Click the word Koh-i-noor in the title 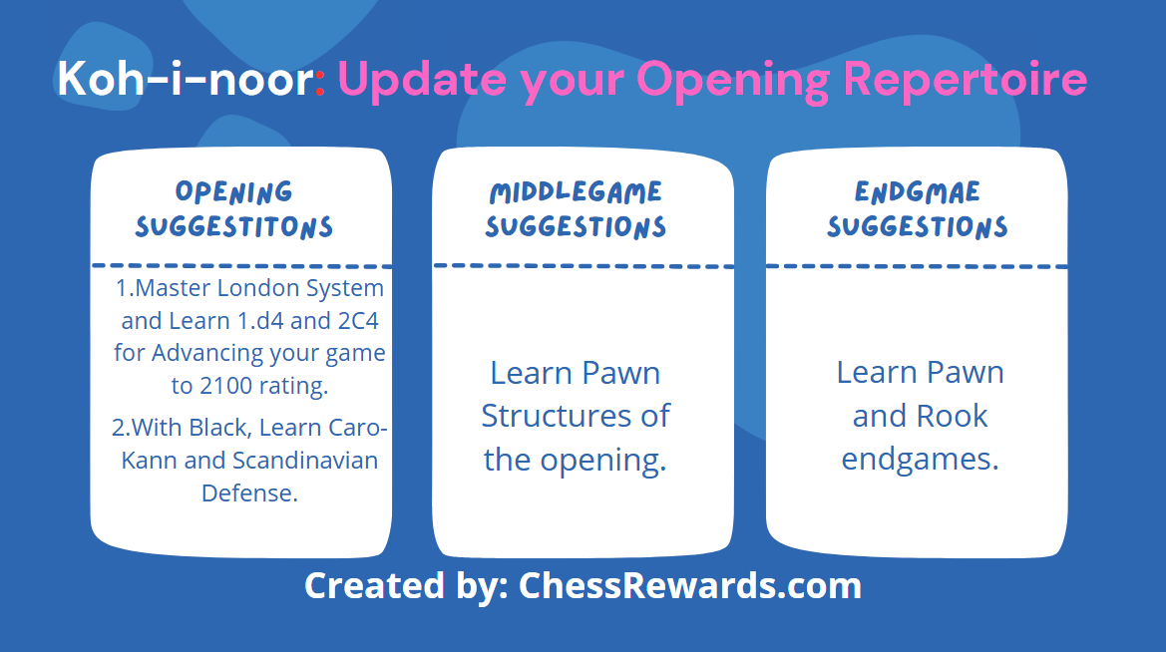[x=186, y=78]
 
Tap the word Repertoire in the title [x=966, y=78]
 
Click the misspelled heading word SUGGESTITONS [x=234, y=226]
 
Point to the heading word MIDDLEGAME [x=576, y=192]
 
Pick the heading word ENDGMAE [x=917, y=191]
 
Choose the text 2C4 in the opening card [x=358, y=320]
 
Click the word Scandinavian [x=305, y=461]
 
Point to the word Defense [x=249, y=492]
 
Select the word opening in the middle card [x=603, y=461]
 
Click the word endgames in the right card [x=920, y=460]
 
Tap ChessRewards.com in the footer [x=690, y=585]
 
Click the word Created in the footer [x=375, y=585]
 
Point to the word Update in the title [x=422, y=79]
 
